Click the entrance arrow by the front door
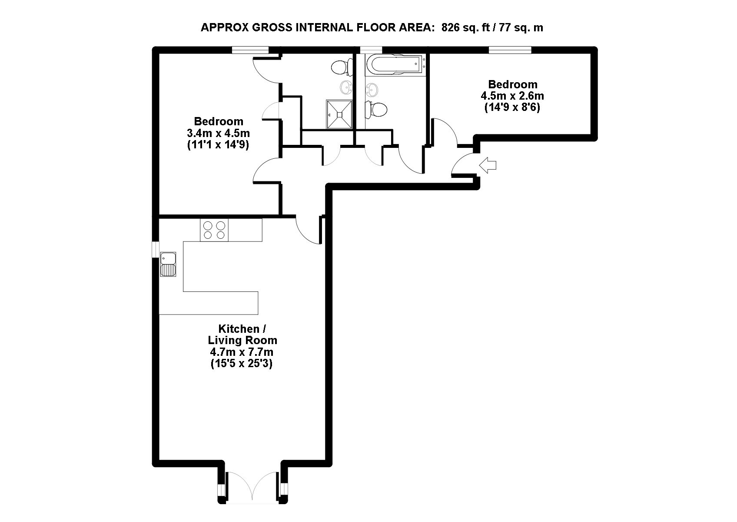(488, 165)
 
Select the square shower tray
(339, 114)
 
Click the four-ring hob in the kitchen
(214, 230)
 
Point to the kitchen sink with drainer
(168, 264)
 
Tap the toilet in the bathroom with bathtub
(376, 109)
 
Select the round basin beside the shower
(346, 87)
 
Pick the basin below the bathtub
(372, 89)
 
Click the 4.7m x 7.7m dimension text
(242, 352)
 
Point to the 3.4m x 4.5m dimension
(219, 134)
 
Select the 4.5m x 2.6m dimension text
(513, 96)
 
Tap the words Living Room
(243, 340)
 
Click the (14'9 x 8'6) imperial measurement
(513, 107)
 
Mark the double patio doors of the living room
(252, 491)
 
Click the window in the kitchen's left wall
(156, 249)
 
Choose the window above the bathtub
(371, 50)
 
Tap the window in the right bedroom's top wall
(510, 50)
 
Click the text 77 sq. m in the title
(521, 27)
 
